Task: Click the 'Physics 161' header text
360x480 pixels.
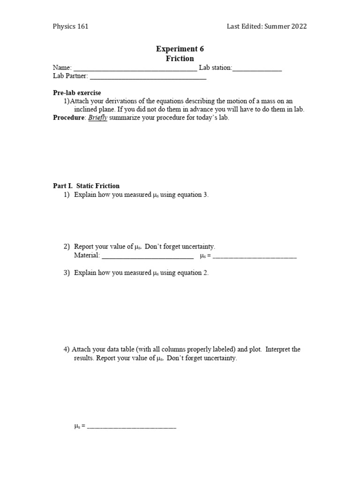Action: (x=70, y=26)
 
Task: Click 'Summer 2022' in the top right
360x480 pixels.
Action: (x=285, y=26)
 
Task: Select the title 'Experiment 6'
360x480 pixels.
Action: (x=180, y=49)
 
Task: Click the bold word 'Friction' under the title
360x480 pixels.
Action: (x=180, y=59)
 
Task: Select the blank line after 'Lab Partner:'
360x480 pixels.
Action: (x=148, y=76)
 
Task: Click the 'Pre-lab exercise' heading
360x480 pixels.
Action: (x=76, y=93)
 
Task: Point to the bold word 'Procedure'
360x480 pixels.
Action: (x=68, y=118)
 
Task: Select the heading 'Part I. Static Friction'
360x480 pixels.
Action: (x=86, y=186)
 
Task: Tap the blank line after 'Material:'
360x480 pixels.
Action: (x=148, y=256)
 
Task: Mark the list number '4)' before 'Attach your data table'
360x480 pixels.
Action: (x=67, y=349)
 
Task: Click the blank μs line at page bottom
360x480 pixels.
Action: (x=132, y=427)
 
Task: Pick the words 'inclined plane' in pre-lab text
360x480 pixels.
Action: (x=94, y=109)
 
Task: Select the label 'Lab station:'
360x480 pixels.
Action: (x=215, y=68)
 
